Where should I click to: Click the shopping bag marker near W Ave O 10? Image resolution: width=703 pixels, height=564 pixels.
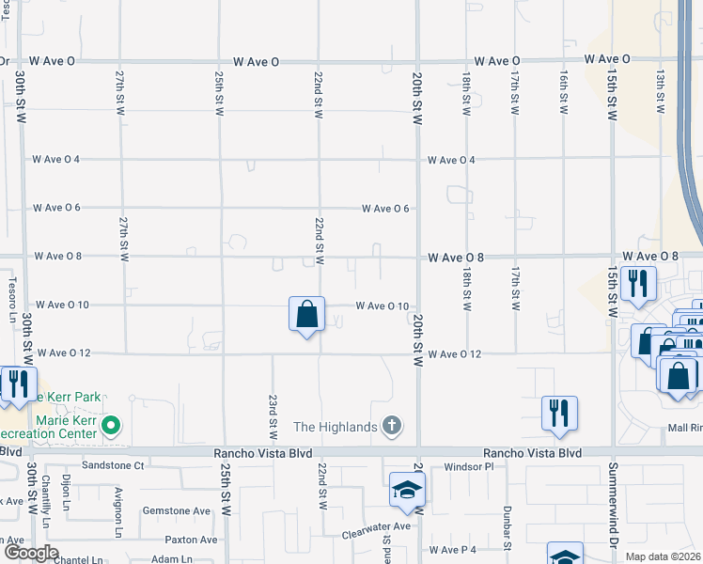(x=307, y=315)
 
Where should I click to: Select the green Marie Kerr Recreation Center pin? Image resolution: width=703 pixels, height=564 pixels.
(x=111, y=426)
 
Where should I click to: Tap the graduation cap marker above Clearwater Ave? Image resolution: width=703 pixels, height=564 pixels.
(x=407, y=489)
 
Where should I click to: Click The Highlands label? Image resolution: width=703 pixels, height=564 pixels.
(x=336, y=427)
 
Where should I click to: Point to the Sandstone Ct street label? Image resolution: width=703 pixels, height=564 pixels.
(x=113, y=465)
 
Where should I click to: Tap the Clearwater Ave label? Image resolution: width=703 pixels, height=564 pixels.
(x=376, y=526)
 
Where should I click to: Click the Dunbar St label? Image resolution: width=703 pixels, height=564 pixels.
(x=508, y=531)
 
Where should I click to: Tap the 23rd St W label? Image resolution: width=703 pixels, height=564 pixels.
(x=273, y=416)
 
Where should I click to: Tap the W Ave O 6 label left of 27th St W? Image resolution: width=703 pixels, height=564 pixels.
(x=57, y=208)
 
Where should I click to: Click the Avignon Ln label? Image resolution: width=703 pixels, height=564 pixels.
(x=119, y=498)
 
